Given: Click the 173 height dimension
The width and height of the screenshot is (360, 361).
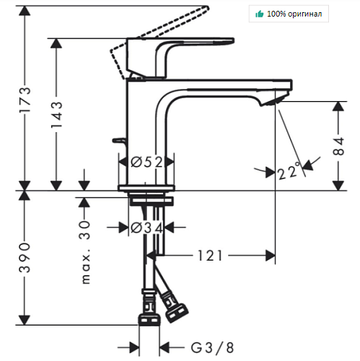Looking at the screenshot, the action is coord(25,100).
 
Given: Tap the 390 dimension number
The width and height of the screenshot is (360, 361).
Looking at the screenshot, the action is coord(25,258).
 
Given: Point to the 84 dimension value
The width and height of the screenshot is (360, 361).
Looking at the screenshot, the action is coord(338,147).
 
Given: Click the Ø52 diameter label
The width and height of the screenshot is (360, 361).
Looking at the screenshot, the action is coord(146,162).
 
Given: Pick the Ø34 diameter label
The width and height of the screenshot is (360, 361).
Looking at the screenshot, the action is coord(146,227).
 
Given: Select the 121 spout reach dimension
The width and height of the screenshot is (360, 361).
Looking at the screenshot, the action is coord(210,256).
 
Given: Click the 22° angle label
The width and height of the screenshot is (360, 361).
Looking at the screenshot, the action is coord(289,171).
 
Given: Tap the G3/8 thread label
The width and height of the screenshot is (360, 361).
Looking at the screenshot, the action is coord(212,348).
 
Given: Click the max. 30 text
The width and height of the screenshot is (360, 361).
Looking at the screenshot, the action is coord(85,252).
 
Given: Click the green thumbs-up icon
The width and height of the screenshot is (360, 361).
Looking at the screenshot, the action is coord(260,14).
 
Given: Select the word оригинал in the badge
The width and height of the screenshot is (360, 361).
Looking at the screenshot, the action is coord(304,14).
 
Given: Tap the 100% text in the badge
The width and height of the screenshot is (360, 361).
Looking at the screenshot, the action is coord(276,14).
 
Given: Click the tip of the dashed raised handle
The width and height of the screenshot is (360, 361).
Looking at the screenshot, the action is coord(207,9).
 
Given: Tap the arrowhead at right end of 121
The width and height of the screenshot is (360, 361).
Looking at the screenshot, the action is coord(271,256).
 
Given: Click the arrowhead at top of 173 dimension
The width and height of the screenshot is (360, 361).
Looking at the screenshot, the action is coord(25,11).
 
